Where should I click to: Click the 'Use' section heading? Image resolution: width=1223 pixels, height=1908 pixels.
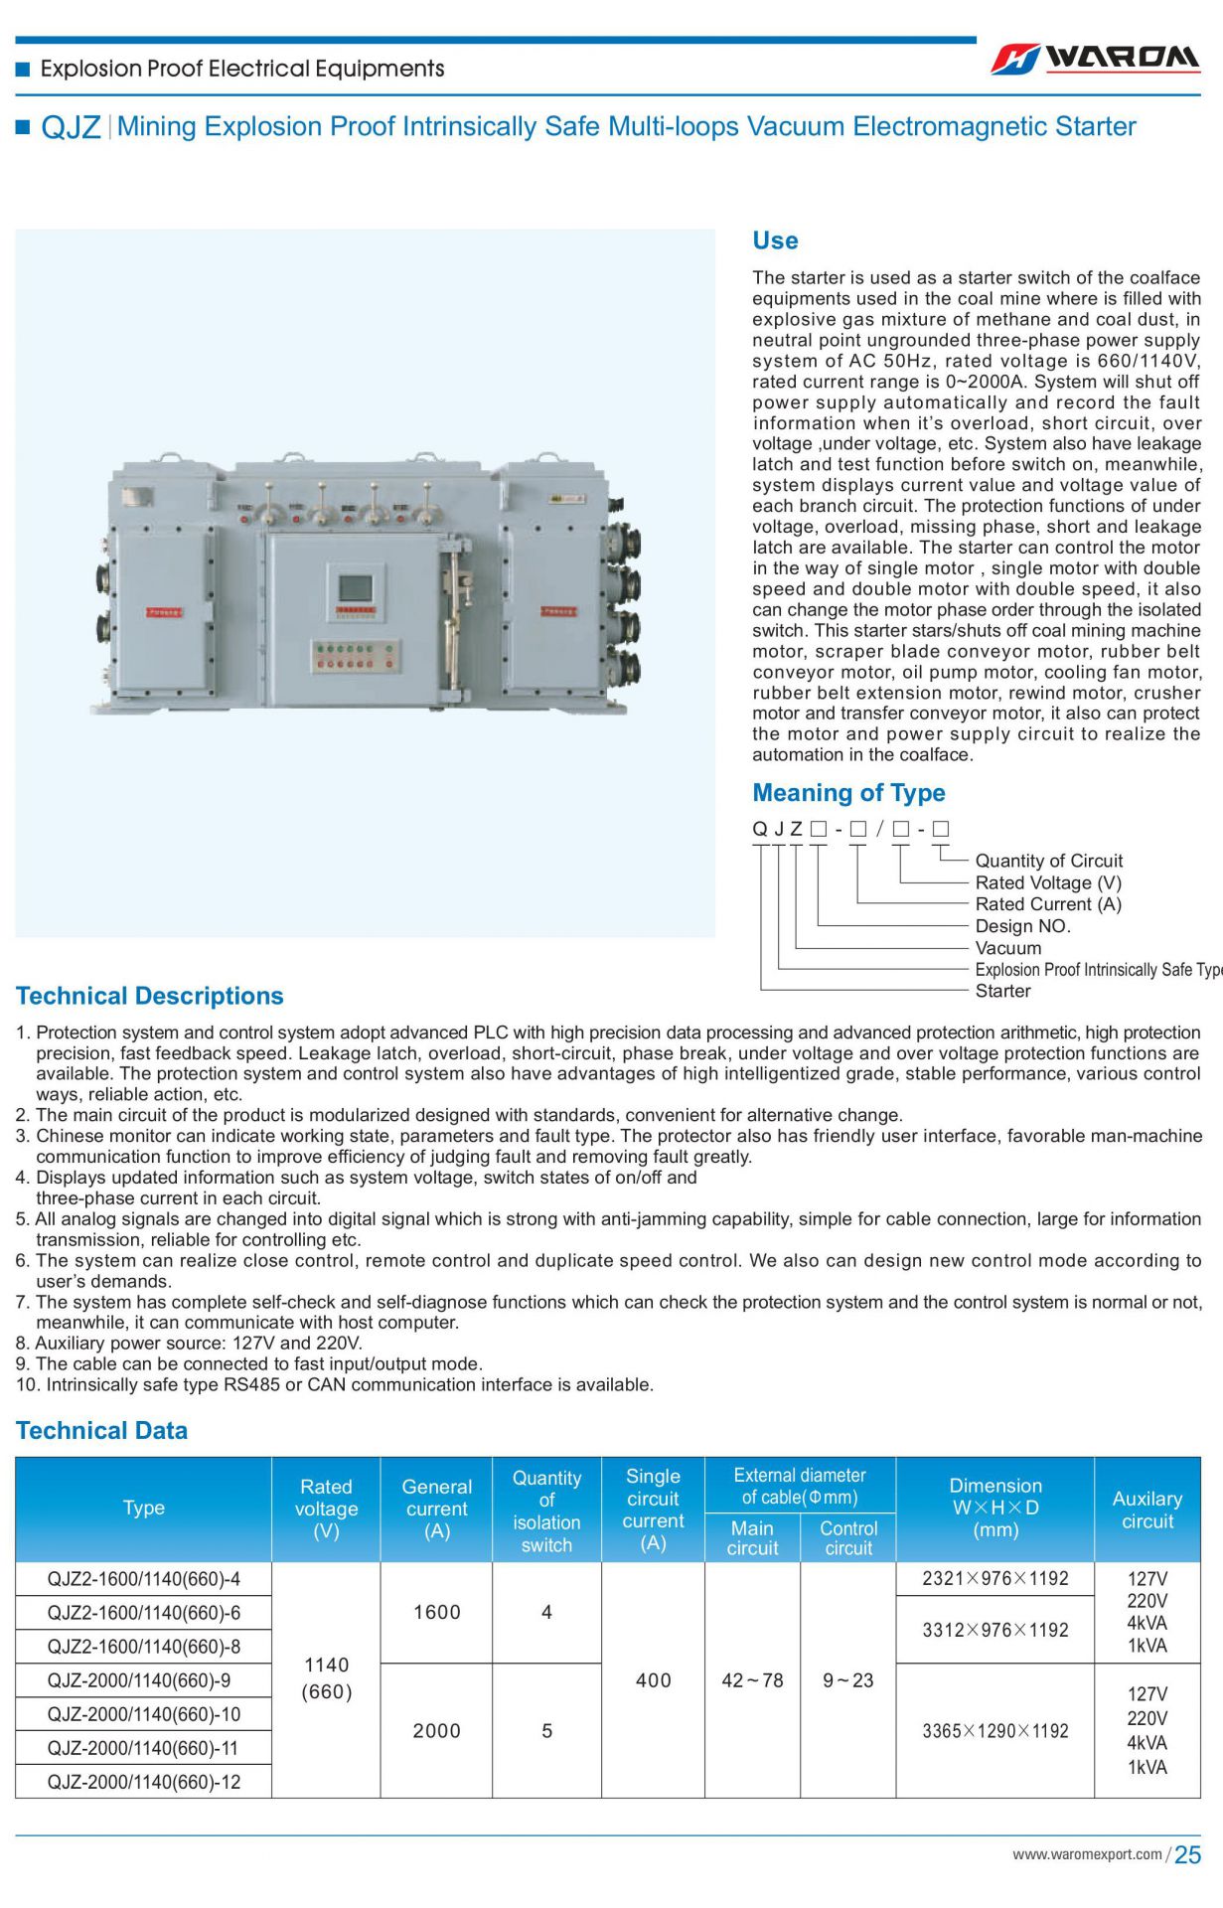click(x=775, y=240)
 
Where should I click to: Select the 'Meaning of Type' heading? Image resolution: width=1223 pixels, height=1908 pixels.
click(x=848, y=793)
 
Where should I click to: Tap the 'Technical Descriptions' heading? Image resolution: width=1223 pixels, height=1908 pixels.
click(x=149, y=996)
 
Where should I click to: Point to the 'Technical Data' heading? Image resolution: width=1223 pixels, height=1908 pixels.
click(x=101, y=1430)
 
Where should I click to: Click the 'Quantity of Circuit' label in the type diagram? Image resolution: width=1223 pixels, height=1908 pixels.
click(x=1048, y=861)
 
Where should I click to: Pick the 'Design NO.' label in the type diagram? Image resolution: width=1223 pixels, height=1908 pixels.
click(x=1022, y=926)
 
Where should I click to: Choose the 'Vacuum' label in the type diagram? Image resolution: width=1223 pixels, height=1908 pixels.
click(x=1008, y=948)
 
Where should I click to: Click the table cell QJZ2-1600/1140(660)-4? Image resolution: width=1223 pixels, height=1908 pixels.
click(x=144, y=1579)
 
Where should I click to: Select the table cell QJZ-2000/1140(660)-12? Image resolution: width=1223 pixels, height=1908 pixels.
click(x=144, y=1782)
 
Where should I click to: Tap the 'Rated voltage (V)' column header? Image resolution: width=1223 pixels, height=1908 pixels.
click(x=326, y=1509)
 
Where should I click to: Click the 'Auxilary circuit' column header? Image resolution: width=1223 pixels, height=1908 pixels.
click(x=1147, y=1510)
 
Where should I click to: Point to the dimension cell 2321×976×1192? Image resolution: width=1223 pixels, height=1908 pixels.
click(x=994, y=1579)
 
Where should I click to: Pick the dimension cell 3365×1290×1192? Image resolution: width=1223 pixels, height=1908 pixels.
click(x=994, y=1731)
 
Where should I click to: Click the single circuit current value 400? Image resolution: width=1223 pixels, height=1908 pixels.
click(x=653, y=1680)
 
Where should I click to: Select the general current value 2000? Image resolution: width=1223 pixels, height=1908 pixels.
click(x=436, y=1731)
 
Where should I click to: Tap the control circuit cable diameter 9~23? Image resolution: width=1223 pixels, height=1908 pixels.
click(x=847, y=1680)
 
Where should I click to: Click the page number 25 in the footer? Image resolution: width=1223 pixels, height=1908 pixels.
click(x=1187, y=1855)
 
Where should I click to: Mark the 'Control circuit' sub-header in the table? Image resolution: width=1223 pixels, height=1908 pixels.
click(x=847, y=1537)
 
